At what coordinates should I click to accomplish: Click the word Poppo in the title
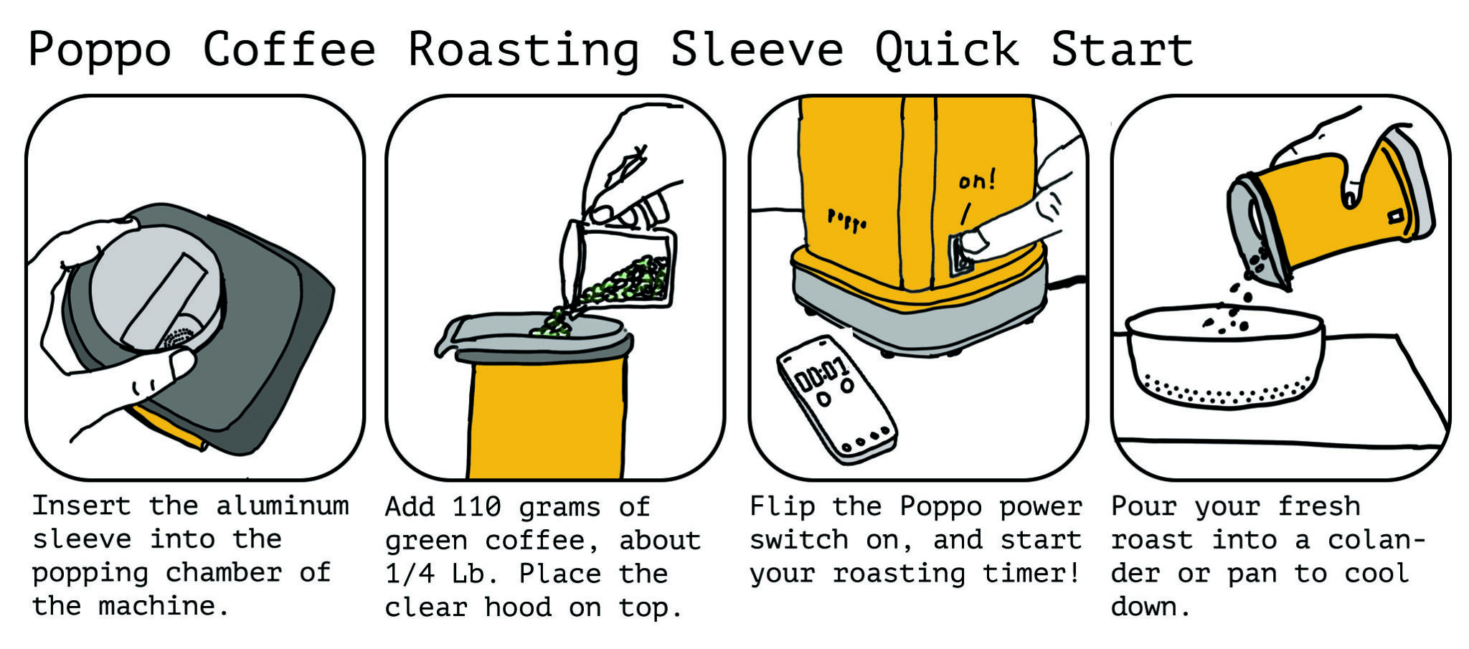tap(100, 50)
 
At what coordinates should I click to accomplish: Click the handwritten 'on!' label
tap(977, 180)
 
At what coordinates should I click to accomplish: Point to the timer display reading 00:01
tap(822, 374)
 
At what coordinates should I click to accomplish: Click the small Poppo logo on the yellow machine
tap(847, 219)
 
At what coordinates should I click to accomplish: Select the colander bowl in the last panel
tap(1225, 359)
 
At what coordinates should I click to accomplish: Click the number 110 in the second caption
tap(476, 508)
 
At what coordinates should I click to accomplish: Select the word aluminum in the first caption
tap(283, 506)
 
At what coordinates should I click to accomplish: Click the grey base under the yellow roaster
tap(918, 316)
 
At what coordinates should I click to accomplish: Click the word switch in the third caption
tap(799, 540)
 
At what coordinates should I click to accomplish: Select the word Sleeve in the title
tap(757, 50)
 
